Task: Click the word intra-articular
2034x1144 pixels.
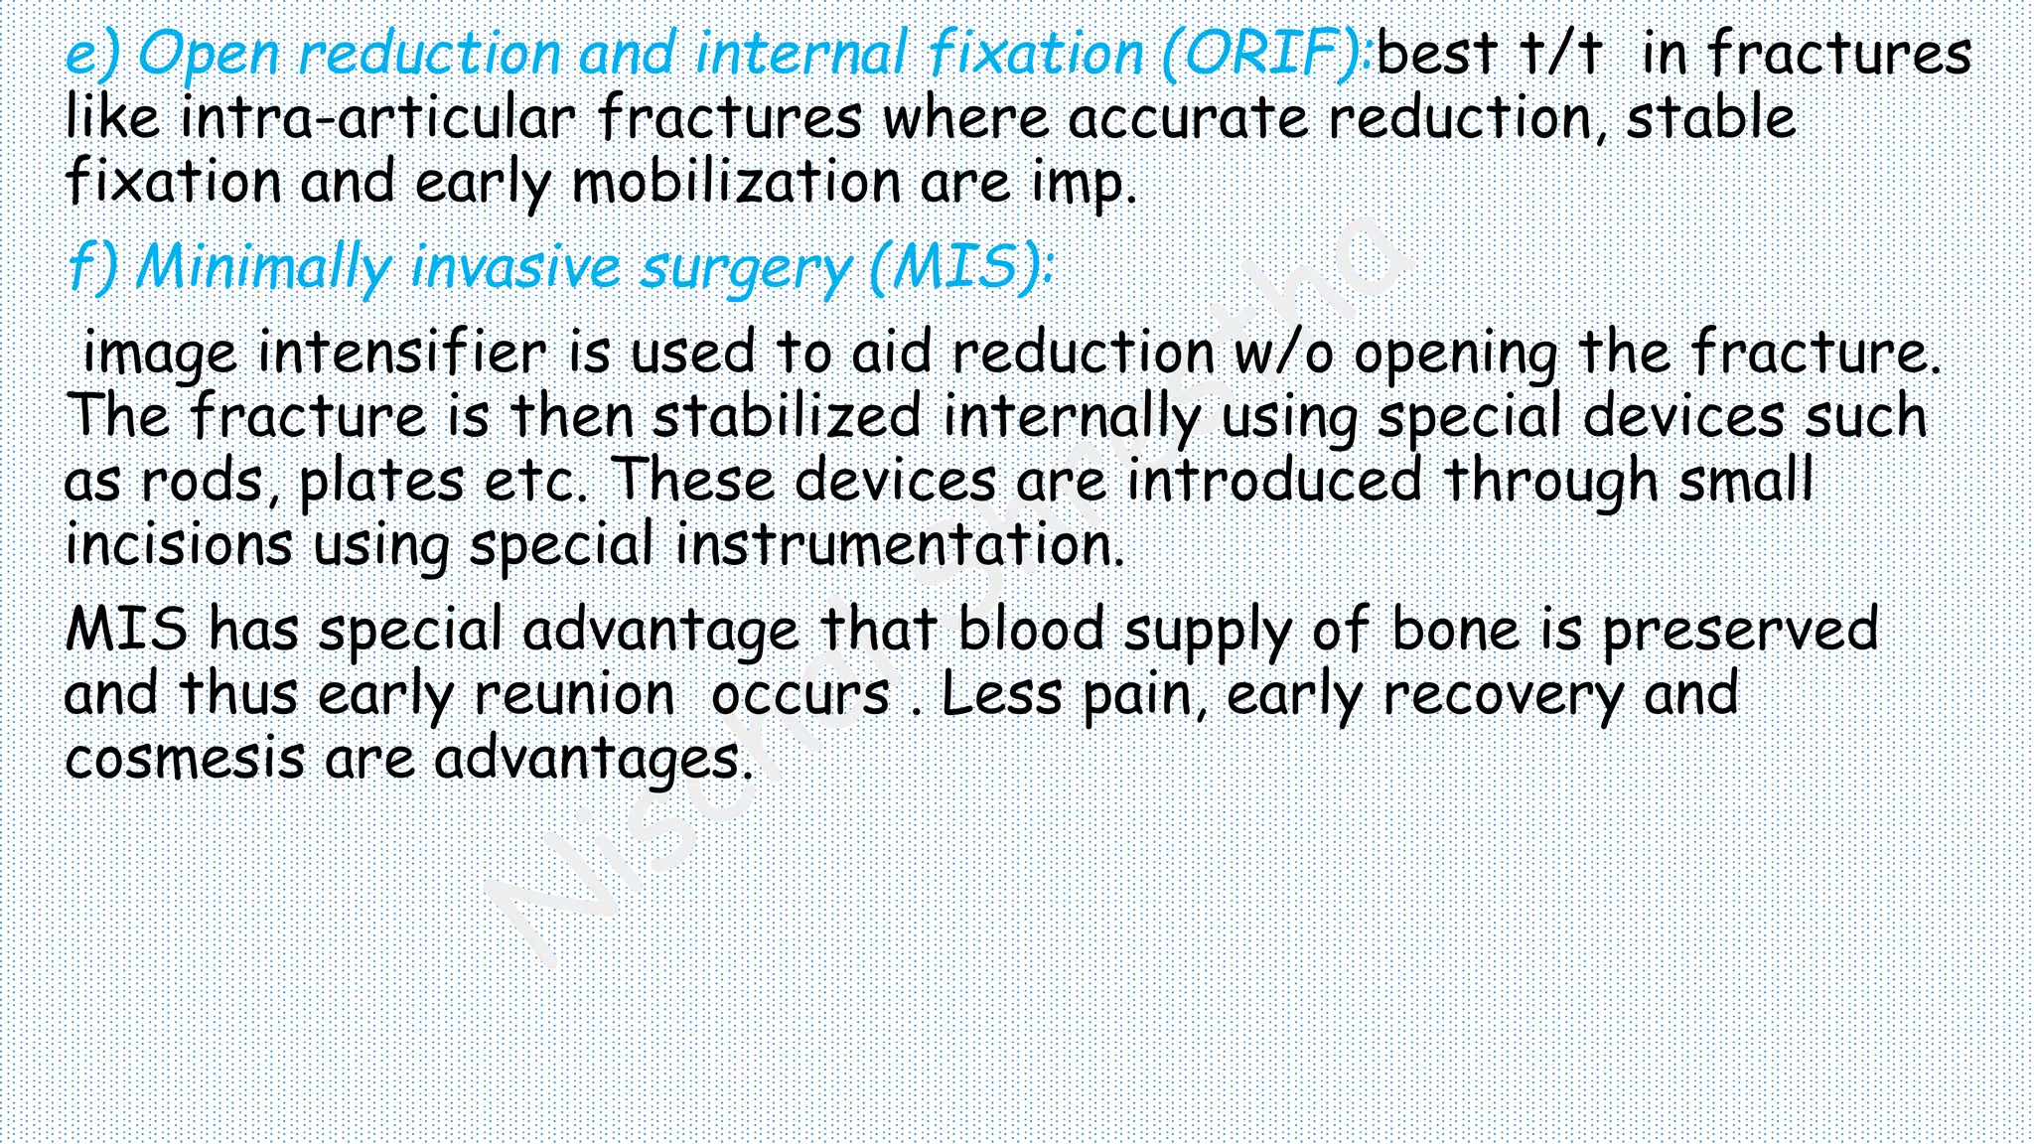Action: coord(378,118)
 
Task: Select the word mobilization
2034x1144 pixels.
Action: coord(735,183)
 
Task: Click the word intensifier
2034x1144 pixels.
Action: coord(401,353)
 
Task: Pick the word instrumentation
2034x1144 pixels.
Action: coord(900,545)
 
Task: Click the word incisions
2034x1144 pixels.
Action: coord(179,545)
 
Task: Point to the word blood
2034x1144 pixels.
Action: coord(1030,630)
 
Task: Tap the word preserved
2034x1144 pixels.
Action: coord(1739,630)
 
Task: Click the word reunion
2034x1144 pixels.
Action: coord(574,693)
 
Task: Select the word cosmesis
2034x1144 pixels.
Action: coord(185,758)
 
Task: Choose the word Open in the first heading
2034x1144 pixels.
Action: coord(209,55)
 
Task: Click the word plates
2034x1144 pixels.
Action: coord(381,482)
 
